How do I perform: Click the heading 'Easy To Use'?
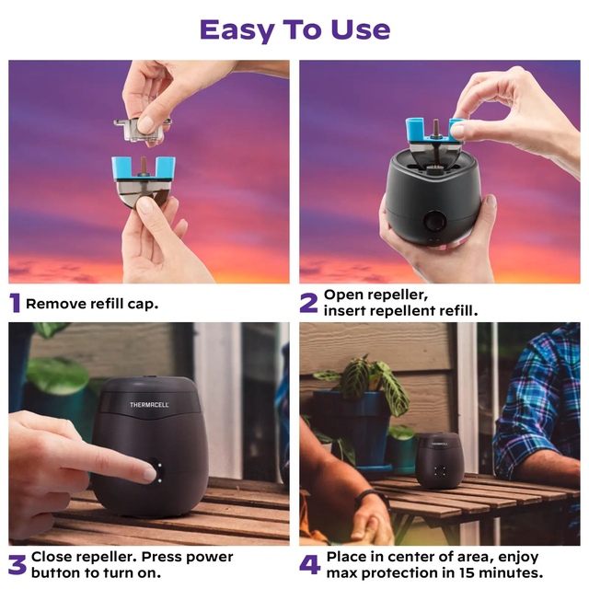click(294, 30)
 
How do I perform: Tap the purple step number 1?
click(15, 303)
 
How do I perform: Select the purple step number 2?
click(309, 303)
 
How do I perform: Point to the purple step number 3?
click(17, 565)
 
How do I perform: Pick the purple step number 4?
click(310, 565)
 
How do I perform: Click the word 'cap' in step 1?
click(143, 305)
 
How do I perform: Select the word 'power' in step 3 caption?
click(210, 558)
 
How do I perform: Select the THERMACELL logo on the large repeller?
click(149, 405)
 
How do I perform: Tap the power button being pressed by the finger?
click(158, 472)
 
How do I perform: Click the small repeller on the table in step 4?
click(439, 460)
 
